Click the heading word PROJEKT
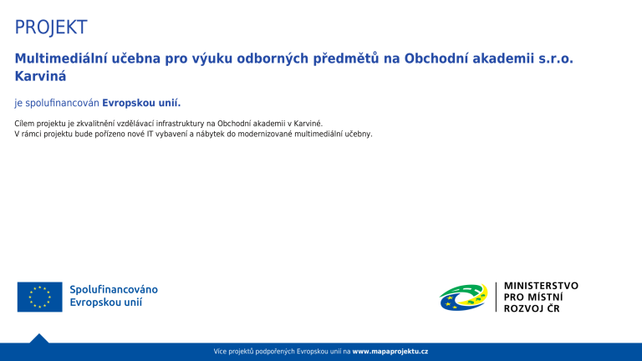[51, 27]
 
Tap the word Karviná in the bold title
[40, 76]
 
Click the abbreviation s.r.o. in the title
[556, 58]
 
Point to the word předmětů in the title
[346, 59]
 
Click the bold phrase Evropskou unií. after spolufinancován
[141, 103]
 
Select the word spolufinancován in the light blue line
[62, 103]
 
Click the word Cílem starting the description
[24, 123]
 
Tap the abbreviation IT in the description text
[150, 134]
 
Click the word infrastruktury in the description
[181, 124]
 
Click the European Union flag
[40, 297]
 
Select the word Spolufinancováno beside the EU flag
[114, 290]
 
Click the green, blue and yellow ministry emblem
[463, 297]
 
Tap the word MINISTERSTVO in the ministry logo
[541, 286]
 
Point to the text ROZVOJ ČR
[532, 308]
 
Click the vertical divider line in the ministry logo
[496, 297]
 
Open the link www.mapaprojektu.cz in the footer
[390, 351]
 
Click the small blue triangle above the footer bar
[39, 338]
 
